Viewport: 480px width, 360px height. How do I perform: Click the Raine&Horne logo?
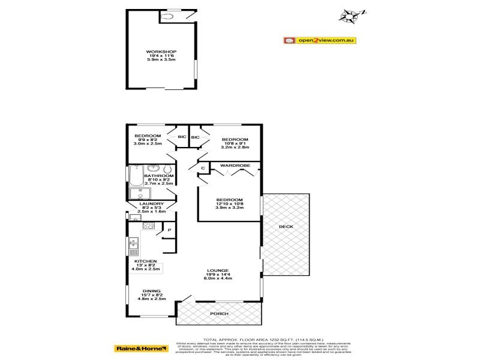click(141, 347)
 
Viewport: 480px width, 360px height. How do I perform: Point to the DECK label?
click(286, 227)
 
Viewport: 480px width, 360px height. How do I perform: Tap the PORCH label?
click(218, 314)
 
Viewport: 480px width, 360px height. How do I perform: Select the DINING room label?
click(151, 292)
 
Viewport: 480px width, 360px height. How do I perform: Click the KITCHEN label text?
click(146, 262)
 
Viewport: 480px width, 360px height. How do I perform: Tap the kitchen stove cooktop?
click(149, 226)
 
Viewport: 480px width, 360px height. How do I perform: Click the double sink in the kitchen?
click(133, 244)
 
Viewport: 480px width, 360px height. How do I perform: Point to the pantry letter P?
click(169, 230)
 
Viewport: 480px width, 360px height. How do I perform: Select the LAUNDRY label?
click(151, 204)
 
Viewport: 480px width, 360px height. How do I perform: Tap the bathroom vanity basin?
click(152, 168)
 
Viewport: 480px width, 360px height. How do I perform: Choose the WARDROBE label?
click(230, 164)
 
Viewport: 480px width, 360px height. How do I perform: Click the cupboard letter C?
click(203, 169)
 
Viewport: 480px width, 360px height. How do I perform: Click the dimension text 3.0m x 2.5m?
click(148, 143)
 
